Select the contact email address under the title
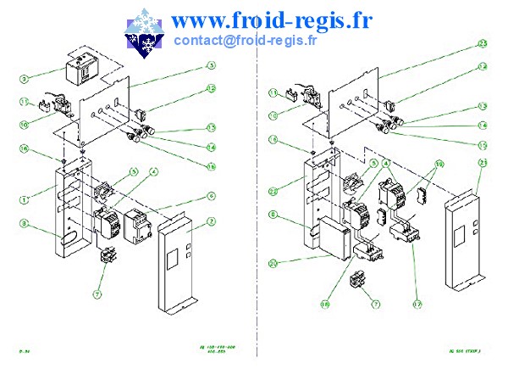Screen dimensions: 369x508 click(x=246, y=39)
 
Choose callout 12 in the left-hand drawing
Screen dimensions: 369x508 click(x=212, y=88)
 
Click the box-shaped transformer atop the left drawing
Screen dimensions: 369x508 click(x=84, y=70)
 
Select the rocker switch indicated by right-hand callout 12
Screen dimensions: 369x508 click(x=391, y=108)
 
